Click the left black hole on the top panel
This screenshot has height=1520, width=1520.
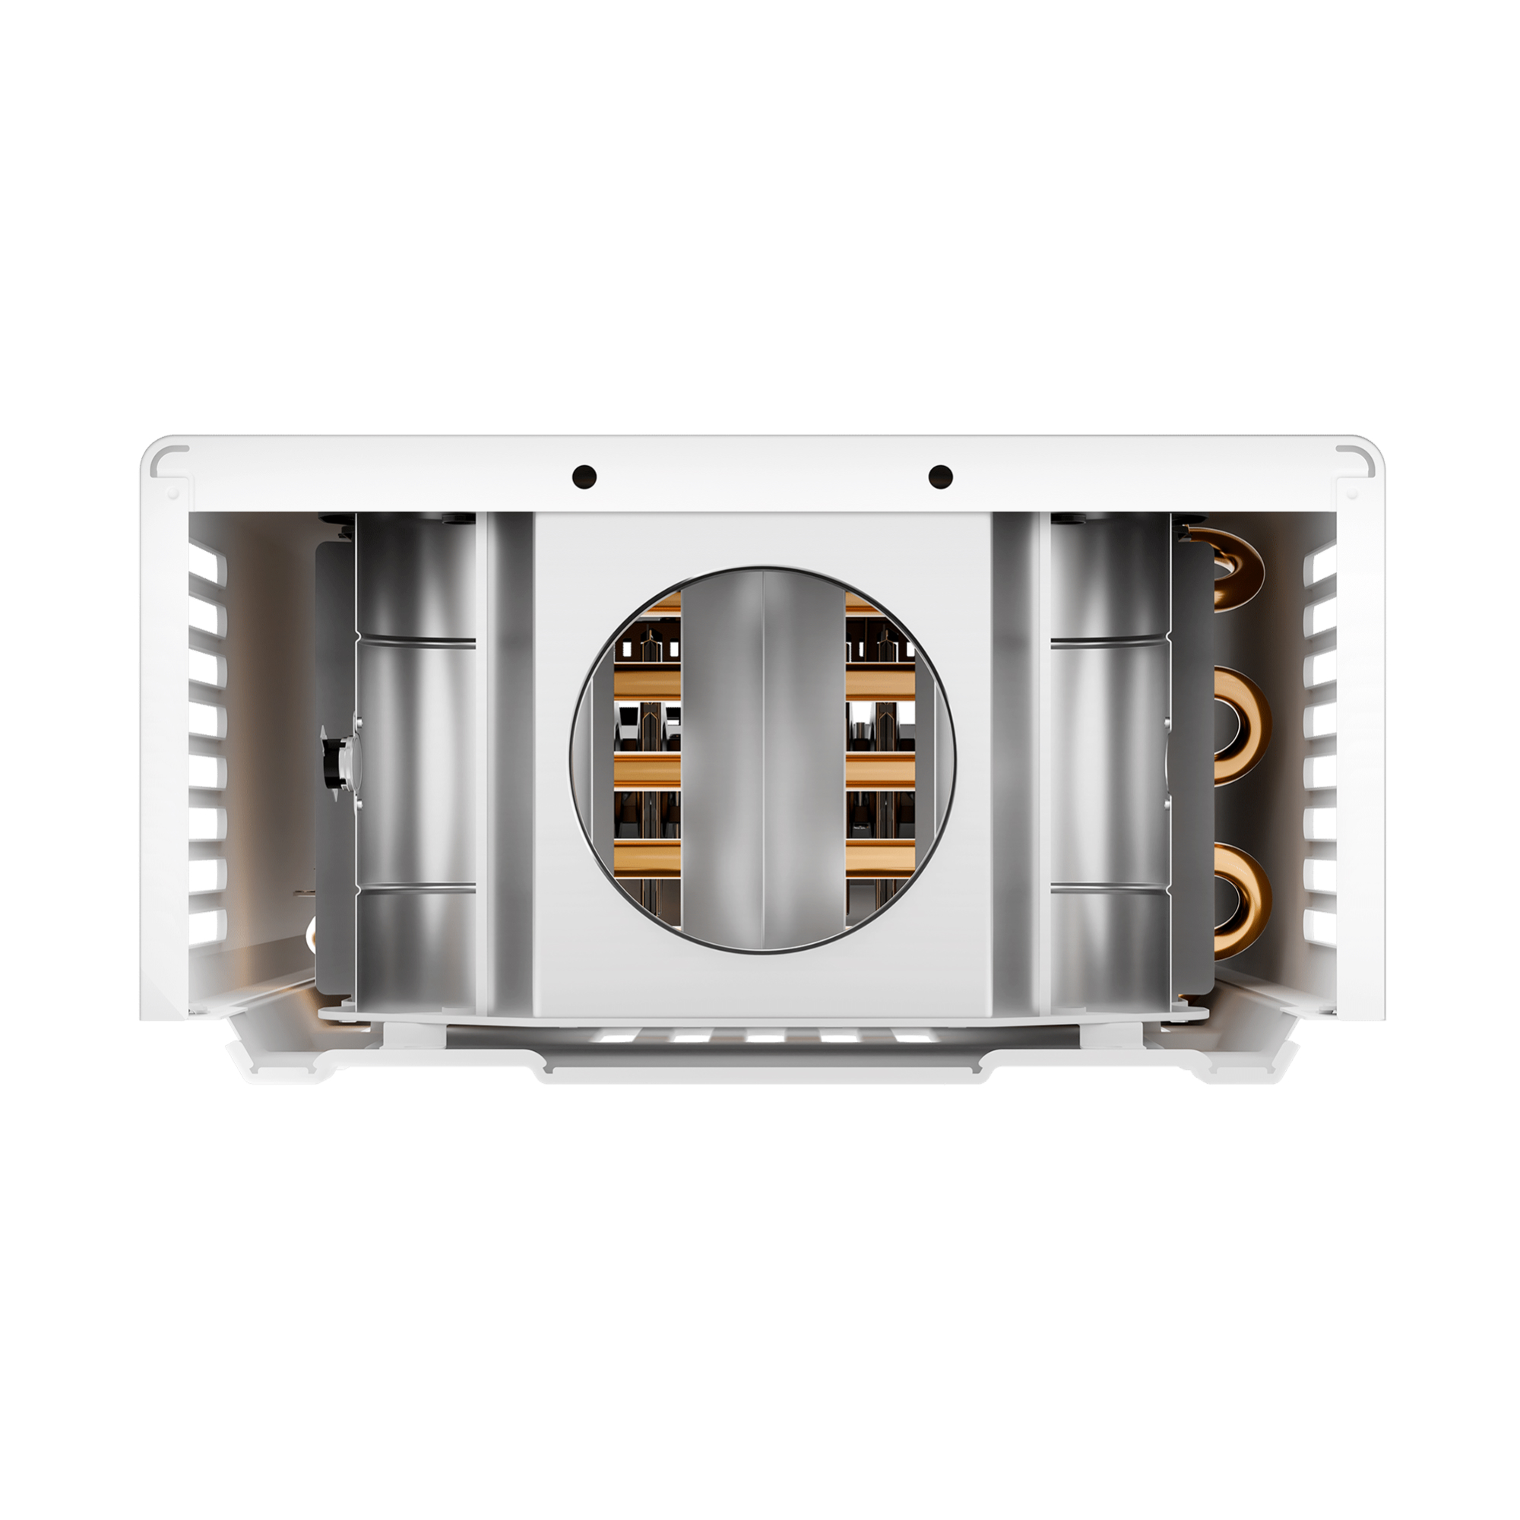click(x=584, y=476)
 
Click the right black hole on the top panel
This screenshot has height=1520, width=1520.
click(x=940, y=476)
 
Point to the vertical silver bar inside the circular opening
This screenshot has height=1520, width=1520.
click(x=762, y=759)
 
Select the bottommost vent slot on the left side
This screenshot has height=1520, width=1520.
click(x=207, y=926)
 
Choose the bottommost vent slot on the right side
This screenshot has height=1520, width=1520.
click(x=1319, y=926)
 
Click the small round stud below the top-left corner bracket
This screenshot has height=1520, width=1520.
click(x=173, y=495)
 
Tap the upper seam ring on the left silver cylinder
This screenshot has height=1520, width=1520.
click(x=417, y=641)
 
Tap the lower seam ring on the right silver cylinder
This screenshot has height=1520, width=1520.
click(x=1110, y=889)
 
